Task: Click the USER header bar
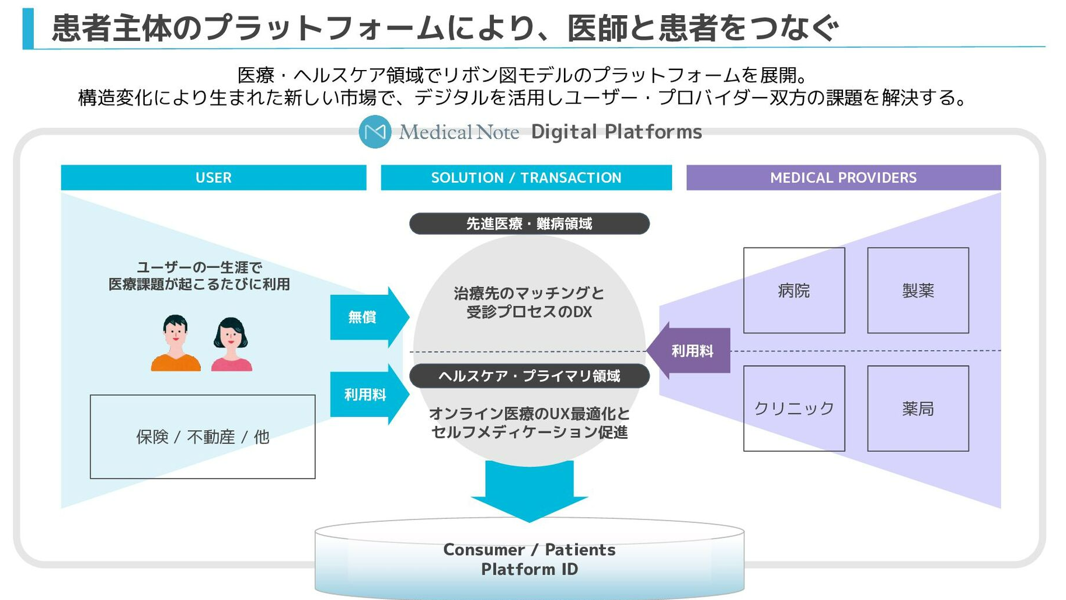tap(213, 177)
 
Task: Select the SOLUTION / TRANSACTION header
tap(526, 177)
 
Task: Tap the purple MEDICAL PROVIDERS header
tap(843, 177)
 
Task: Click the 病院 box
tap(794, 291)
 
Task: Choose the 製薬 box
tap(918, 291)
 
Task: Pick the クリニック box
tap(794, 409)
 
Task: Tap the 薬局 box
tap(918, 409)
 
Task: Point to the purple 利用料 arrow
tap(690, 351)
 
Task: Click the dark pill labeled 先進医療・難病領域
tap(529, 224)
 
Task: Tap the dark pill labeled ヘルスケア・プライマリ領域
tap(529, 376)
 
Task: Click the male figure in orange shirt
tap(175, 344)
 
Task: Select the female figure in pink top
tap(231, 346)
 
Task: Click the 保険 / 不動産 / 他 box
tap(203, 437)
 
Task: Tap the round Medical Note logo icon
tap(375, 132)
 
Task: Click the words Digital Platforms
tap(616, 132)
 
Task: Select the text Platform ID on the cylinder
tap(529, 569)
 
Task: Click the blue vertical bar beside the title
tap(28, 28)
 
